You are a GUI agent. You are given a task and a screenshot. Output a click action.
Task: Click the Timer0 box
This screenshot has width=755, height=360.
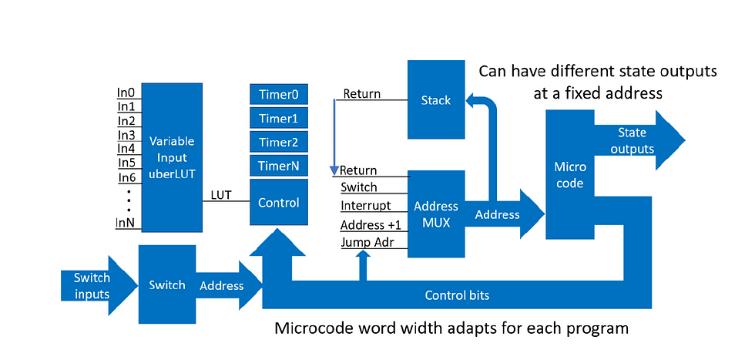click(279, 95)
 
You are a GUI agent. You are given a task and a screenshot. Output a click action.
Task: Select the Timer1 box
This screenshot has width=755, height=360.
click(279, 118)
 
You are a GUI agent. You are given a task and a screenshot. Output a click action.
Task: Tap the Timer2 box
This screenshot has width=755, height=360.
click(279, 142)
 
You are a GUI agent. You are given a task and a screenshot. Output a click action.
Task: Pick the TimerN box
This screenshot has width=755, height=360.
click(279, 166)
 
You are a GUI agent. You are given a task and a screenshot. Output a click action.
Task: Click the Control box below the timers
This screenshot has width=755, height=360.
click(279, 203)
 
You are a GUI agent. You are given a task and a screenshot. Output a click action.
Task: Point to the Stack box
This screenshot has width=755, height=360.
click(436, 99)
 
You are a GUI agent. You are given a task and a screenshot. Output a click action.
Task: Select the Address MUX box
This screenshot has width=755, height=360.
click(436, 214)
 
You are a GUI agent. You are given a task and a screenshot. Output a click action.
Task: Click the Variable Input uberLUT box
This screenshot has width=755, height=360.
click(172, 157)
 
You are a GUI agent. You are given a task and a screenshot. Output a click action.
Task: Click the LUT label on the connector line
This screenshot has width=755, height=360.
click(221, 195)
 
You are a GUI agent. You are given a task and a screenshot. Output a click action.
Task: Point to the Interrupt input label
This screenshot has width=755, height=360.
click(366, 205)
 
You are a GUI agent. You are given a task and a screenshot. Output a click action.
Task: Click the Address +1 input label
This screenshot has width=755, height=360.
click(367, 224)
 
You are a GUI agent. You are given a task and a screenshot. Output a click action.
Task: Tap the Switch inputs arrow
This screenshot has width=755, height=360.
click(99, 286)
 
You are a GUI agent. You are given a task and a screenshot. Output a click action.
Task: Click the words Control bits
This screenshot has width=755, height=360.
click(457, 295)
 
